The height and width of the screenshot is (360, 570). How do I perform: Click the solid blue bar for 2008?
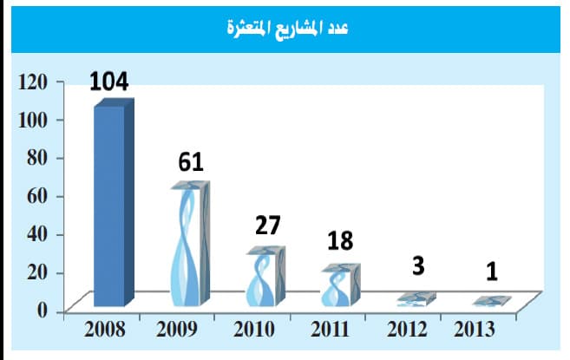(112, 204)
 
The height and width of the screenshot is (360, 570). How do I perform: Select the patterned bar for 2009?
(189, 245)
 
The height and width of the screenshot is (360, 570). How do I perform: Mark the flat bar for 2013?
(490, 302)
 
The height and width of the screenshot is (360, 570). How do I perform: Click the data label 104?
(108, 82)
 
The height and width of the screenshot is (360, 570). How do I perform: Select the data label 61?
(191, 162)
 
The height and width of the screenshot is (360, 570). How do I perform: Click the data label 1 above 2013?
(491, 272)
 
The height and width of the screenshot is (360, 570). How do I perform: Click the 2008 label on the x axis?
(104, 331)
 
